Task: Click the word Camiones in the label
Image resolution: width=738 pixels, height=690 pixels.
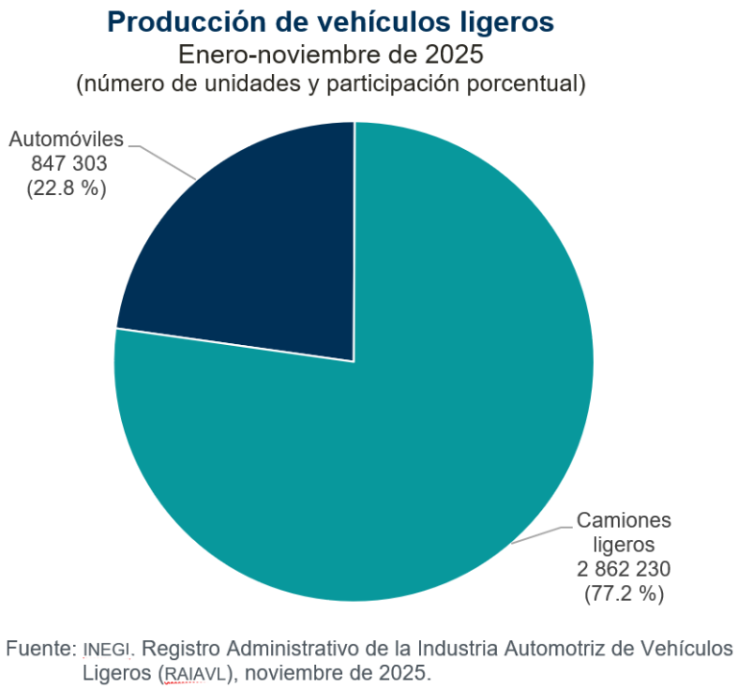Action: point(624,521)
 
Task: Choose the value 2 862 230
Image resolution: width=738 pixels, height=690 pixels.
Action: point(624,569)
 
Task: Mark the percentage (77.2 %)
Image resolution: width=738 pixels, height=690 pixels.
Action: point(624,593)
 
